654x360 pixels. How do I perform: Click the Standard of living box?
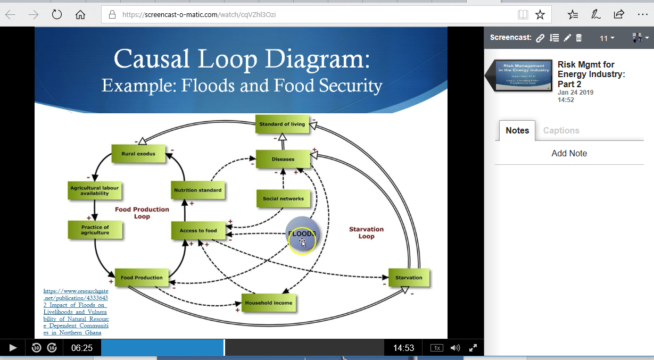point(282,124)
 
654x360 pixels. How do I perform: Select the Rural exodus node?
point(138,154)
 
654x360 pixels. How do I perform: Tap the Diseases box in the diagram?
point(283,159)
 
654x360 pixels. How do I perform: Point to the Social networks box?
point(283,199)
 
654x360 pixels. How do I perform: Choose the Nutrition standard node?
point(197,190)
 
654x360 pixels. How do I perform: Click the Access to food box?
point(198,231)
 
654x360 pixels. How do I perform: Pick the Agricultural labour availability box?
point(95,191)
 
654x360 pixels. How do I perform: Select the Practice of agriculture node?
point(95,230)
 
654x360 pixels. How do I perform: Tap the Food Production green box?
point(142,278)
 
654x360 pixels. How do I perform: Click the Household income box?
point(268,303)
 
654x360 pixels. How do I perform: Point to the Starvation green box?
point(409,278)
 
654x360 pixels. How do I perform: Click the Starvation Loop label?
point(366,233)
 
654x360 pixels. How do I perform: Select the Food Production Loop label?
point(142,213)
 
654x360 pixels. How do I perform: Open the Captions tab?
point(561,131)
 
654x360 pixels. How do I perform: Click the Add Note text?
point(569,154)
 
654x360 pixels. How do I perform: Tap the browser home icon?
point(80,15)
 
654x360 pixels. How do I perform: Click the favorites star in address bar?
point(540,15)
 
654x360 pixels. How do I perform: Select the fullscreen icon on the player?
point(473,348)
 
